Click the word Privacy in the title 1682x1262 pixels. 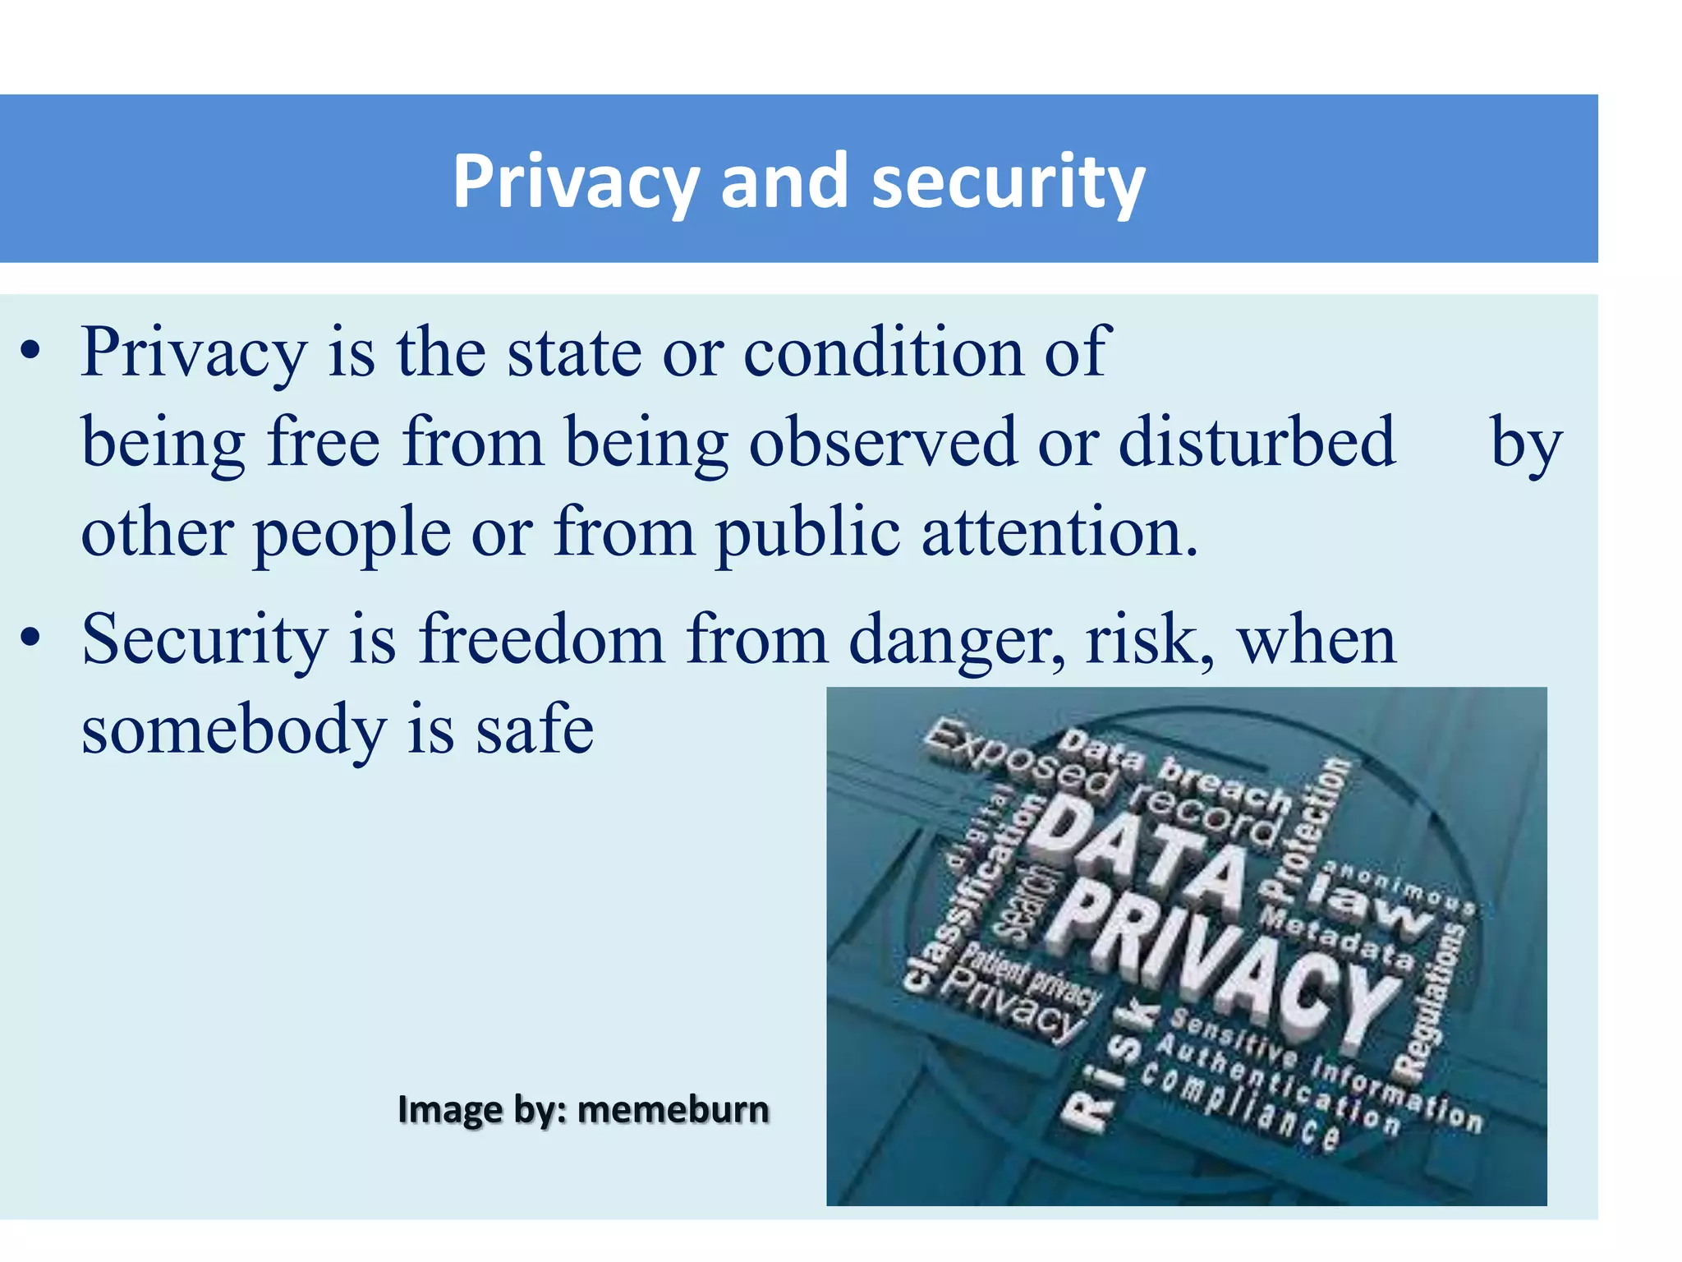575,182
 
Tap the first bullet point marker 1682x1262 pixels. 30,352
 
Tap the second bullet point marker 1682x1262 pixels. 30,638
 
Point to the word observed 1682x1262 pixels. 883,442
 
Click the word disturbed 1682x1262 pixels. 1257,442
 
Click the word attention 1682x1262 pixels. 1059,532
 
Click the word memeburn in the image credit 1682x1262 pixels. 673,1110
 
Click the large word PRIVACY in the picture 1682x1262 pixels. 1224,961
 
